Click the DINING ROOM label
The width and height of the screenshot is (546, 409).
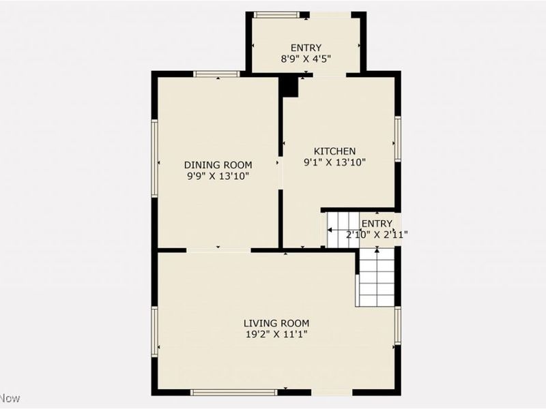[x=218, y=165]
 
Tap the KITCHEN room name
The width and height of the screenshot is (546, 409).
[x=334, y=151]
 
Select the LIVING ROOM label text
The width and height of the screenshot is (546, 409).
[x=276, y=323]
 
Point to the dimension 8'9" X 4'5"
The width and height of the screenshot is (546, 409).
[x=306, y=59]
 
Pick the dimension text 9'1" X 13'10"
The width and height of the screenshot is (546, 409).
[x=335, y=162]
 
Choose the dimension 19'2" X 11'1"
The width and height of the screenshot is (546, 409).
[x=276, y=334]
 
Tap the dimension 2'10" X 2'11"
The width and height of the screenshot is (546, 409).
[x=377, y=235]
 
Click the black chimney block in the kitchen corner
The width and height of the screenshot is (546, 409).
[x=289, y=86]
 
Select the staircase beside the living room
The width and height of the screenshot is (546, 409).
[x=376, y=276]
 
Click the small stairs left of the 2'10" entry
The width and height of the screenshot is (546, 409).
[x=339, y=230]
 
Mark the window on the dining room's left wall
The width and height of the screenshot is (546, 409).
[x=155, y=158]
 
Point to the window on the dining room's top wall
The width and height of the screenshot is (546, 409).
[x=216, y=74]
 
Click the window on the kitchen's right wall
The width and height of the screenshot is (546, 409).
[x=397, y=139]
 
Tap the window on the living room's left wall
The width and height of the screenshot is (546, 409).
[x=155, y=332]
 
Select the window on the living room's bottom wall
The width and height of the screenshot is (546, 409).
[x=234, y=392]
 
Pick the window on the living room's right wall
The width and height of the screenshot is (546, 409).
[x=397, y=325]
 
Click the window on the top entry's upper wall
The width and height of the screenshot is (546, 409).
[x=276, y=14]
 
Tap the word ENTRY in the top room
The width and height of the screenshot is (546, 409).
[x=306, y=48]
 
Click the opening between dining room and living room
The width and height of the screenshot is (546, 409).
[x=218, y=250]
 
